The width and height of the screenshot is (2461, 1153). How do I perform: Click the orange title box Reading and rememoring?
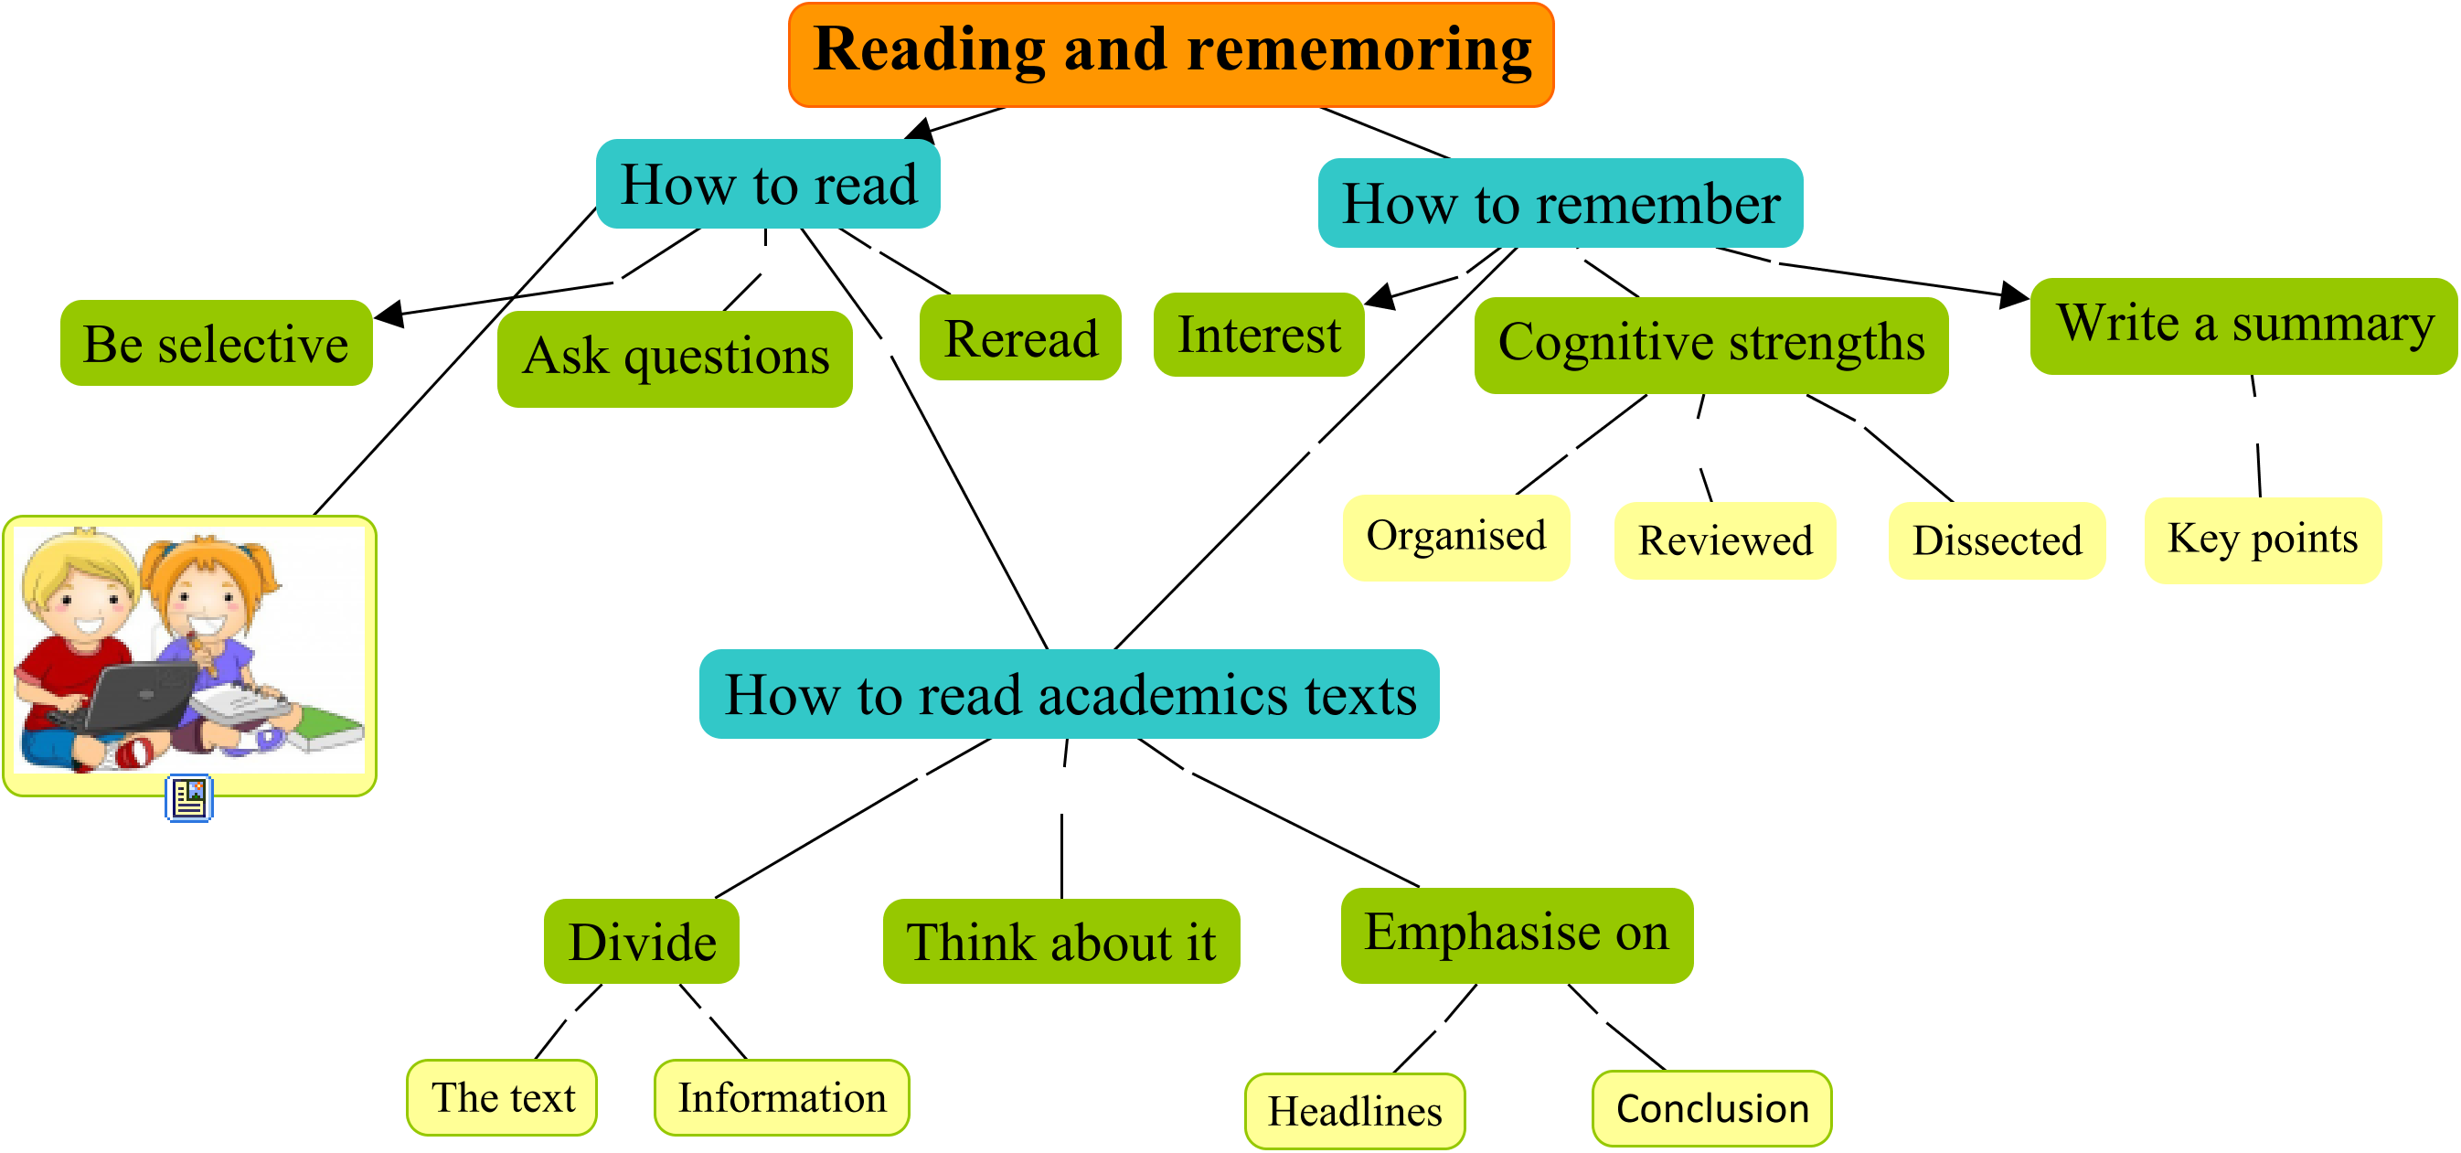(1171, 55)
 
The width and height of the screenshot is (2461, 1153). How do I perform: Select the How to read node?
(768, 185)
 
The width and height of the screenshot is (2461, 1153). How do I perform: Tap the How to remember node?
(1561, 204)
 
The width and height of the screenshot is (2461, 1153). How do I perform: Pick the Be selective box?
(216, 344)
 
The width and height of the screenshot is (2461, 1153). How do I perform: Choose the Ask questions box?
(675, 358)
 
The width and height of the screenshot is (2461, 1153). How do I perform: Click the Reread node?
(1020, 338)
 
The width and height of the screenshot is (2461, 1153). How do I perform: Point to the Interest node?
(1258, 336)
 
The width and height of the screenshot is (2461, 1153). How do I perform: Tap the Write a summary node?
(2243, 326)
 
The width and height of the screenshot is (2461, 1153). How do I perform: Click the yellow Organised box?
(1455, 537)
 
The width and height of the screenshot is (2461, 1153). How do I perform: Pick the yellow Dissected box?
(1997, 540)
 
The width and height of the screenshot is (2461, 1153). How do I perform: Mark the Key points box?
(2263, 539)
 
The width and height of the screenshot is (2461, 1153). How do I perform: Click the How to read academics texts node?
(1069, 695)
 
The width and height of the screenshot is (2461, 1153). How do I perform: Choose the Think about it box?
(1060, 942)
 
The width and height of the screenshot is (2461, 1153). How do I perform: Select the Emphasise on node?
(1516, 935)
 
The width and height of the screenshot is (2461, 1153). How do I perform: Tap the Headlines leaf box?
(1354, 1111)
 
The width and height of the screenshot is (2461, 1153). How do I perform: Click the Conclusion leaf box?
(1711, 1108)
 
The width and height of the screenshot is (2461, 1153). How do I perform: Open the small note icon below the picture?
(189, 798)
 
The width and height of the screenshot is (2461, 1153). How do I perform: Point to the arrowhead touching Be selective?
(389, 313)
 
